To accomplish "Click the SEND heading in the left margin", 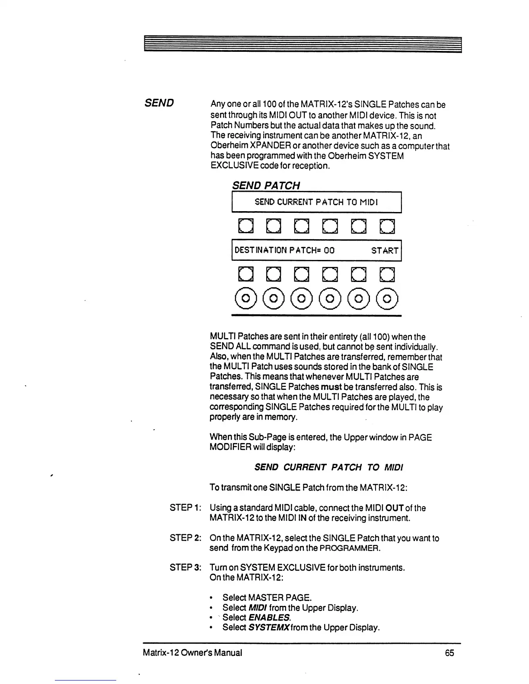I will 159,103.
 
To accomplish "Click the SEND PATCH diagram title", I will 266,185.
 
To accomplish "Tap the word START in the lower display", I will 385,250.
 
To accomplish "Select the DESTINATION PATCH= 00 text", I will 284,250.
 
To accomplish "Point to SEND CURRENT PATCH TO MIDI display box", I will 317,202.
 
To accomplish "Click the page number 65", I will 449,653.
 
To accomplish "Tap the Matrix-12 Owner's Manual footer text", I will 192,653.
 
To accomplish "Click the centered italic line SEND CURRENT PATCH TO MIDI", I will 328,467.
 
